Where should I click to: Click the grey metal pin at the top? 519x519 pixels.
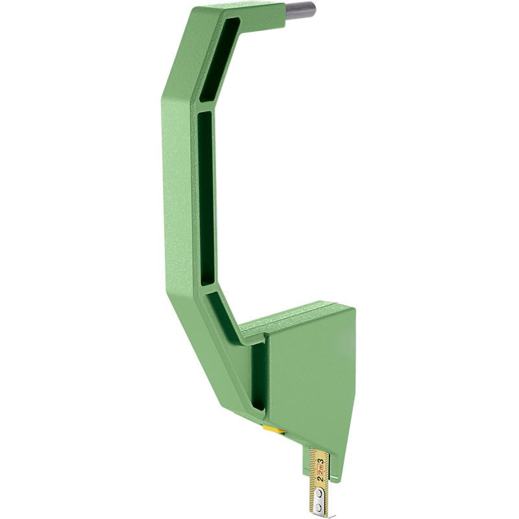300,10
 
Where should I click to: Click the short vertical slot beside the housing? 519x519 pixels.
258,376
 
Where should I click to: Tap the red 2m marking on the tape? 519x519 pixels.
320,470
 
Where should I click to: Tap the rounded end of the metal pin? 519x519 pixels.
314,9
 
